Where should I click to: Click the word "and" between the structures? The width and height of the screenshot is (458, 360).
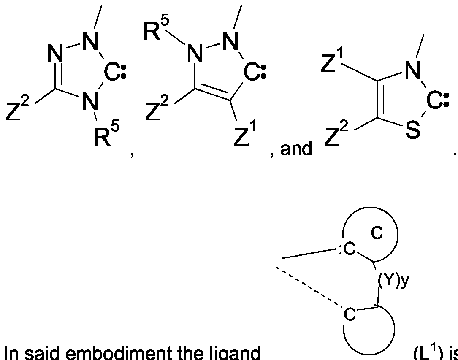(x=295, y=149)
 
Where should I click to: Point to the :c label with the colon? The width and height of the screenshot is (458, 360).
(x=347, y=251)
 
